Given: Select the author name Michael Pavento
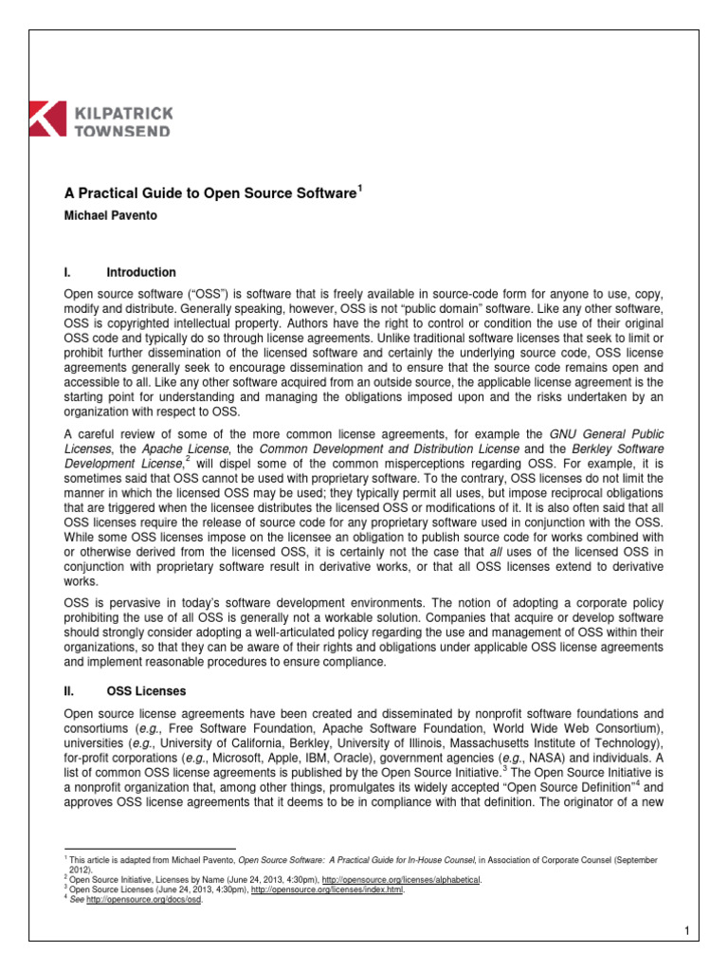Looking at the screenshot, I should (108, 215).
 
